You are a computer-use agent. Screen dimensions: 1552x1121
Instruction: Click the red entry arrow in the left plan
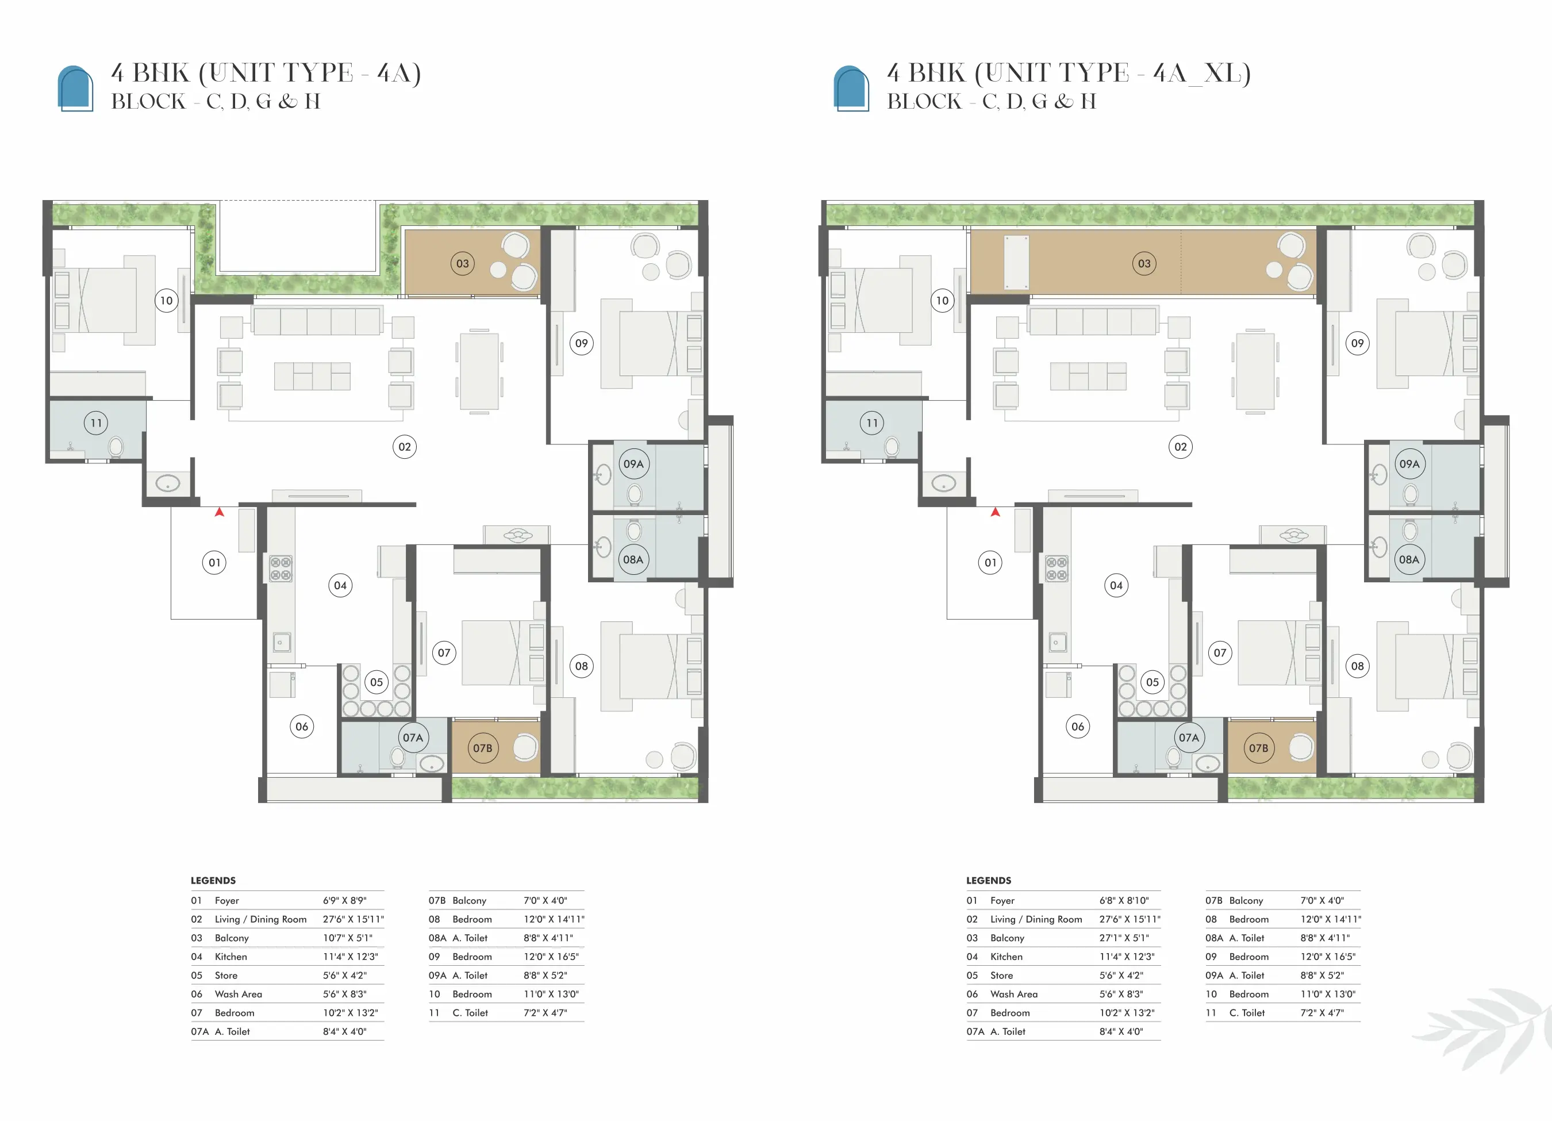click(219, 511)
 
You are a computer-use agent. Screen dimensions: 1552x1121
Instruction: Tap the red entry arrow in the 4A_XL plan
click(995, 511)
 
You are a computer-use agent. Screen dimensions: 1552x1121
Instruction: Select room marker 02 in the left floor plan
click(405, 447)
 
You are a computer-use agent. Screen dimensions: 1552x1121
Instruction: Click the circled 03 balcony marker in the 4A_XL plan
click(1144, 263)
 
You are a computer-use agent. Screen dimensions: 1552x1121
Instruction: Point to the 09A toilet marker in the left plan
click(633, 464)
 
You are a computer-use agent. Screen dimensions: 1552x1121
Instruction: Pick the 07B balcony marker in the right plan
click(1258, 748)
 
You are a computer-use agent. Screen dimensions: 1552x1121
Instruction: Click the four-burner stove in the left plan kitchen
click(281, 569)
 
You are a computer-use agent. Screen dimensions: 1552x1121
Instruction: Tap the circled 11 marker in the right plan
click(872, 423)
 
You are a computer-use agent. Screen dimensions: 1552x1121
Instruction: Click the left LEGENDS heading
click(213, 880)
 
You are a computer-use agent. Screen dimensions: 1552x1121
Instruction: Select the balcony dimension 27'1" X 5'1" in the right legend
click(1124, 938)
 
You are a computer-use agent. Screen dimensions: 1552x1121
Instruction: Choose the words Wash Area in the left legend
click(238, 994)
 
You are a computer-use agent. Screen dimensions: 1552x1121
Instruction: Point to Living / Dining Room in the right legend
click(1036, 919)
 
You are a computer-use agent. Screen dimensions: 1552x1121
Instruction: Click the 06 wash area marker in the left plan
click(302, 726)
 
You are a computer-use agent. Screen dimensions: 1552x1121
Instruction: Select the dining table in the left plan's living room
click(479, 371)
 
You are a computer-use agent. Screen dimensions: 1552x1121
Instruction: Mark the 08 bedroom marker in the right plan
click(1357, 666)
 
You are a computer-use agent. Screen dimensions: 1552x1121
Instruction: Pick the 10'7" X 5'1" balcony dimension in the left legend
click(348, 938)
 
